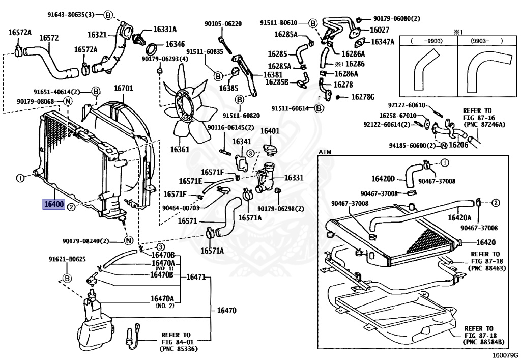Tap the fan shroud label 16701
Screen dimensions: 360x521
tap(123, 89)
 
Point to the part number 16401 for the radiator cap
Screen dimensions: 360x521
tap(270, 131)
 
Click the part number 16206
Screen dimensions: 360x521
tap(458, 145)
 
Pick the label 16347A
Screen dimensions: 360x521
tap(383, 42)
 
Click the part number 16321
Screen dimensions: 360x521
tap(97, 35)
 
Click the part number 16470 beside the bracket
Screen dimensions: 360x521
tap(226, 310)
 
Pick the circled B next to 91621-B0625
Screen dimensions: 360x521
tap(67, 278)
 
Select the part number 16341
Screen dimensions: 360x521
tap(242, 141)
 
